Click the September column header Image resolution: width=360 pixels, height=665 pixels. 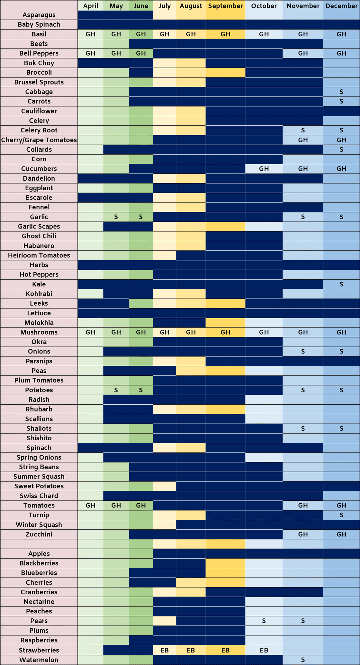tap(225, 6)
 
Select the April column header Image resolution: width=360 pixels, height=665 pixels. tap(90, 6)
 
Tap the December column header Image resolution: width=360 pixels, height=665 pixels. tap(341, 6)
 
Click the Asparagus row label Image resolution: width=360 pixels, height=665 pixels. tap(39, 15)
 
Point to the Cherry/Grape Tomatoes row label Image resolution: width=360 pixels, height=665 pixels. tap(39, 140)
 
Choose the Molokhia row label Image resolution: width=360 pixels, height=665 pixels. tap(39, 323)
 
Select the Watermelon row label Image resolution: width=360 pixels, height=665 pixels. tap(39, 660)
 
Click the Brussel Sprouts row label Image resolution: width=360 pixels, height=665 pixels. tap(39, 82)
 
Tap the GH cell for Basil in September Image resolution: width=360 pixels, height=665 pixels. tap(225, 34)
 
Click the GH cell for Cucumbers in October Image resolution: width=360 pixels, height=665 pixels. tap(264, 169)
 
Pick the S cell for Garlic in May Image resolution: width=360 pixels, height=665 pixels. tap(116, 217)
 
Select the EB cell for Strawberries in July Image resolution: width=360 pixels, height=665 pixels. tap(165, 650)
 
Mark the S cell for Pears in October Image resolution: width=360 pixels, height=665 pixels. tap(264, 621)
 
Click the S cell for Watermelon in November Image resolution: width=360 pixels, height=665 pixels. tap(303, 660)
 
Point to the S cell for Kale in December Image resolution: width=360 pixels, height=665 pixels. tap(341, 284)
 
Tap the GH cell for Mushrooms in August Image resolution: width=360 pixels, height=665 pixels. tap(191, 332)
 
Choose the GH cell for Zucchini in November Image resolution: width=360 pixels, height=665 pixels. tap(303, 534)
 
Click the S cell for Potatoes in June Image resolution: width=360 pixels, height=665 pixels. tap(141, 390)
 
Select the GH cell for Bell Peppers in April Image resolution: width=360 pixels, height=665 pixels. tap(90, 53)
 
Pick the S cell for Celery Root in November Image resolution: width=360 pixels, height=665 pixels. tap(303, 130)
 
